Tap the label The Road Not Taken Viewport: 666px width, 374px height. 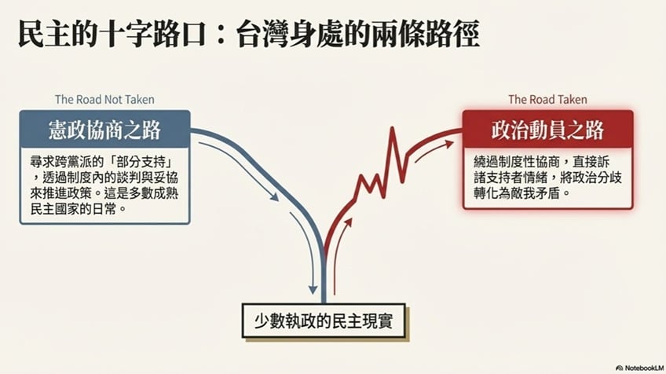coord(104,100)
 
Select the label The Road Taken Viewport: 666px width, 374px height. coord(547,100)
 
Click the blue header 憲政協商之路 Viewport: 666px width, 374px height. coord(104,130)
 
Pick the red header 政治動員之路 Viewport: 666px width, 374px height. coord(547,130)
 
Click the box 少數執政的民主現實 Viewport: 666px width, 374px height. coord(324,321)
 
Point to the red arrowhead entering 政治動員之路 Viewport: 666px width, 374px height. coord(452,143)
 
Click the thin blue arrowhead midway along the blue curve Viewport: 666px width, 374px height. coord(274,197)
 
